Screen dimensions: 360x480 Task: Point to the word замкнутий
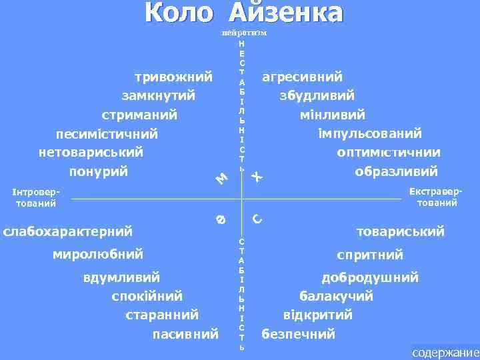tap(159, 95)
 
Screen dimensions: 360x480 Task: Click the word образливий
tap(397, 171)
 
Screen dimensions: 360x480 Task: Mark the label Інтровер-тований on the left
tap(37, 197)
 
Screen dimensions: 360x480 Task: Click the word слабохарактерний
tap(68, 231)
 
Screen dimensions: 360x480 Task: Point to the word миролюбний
tap(98, 254)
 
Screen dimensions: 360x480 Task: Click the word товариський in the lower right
tap(401, 231)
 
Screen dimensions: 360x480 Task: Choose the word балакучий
tap(336, 295)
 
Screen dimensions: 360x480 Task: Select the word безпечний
tap(299, 333)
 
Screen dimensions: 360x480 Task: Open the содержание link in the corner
tap(445, 353)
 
